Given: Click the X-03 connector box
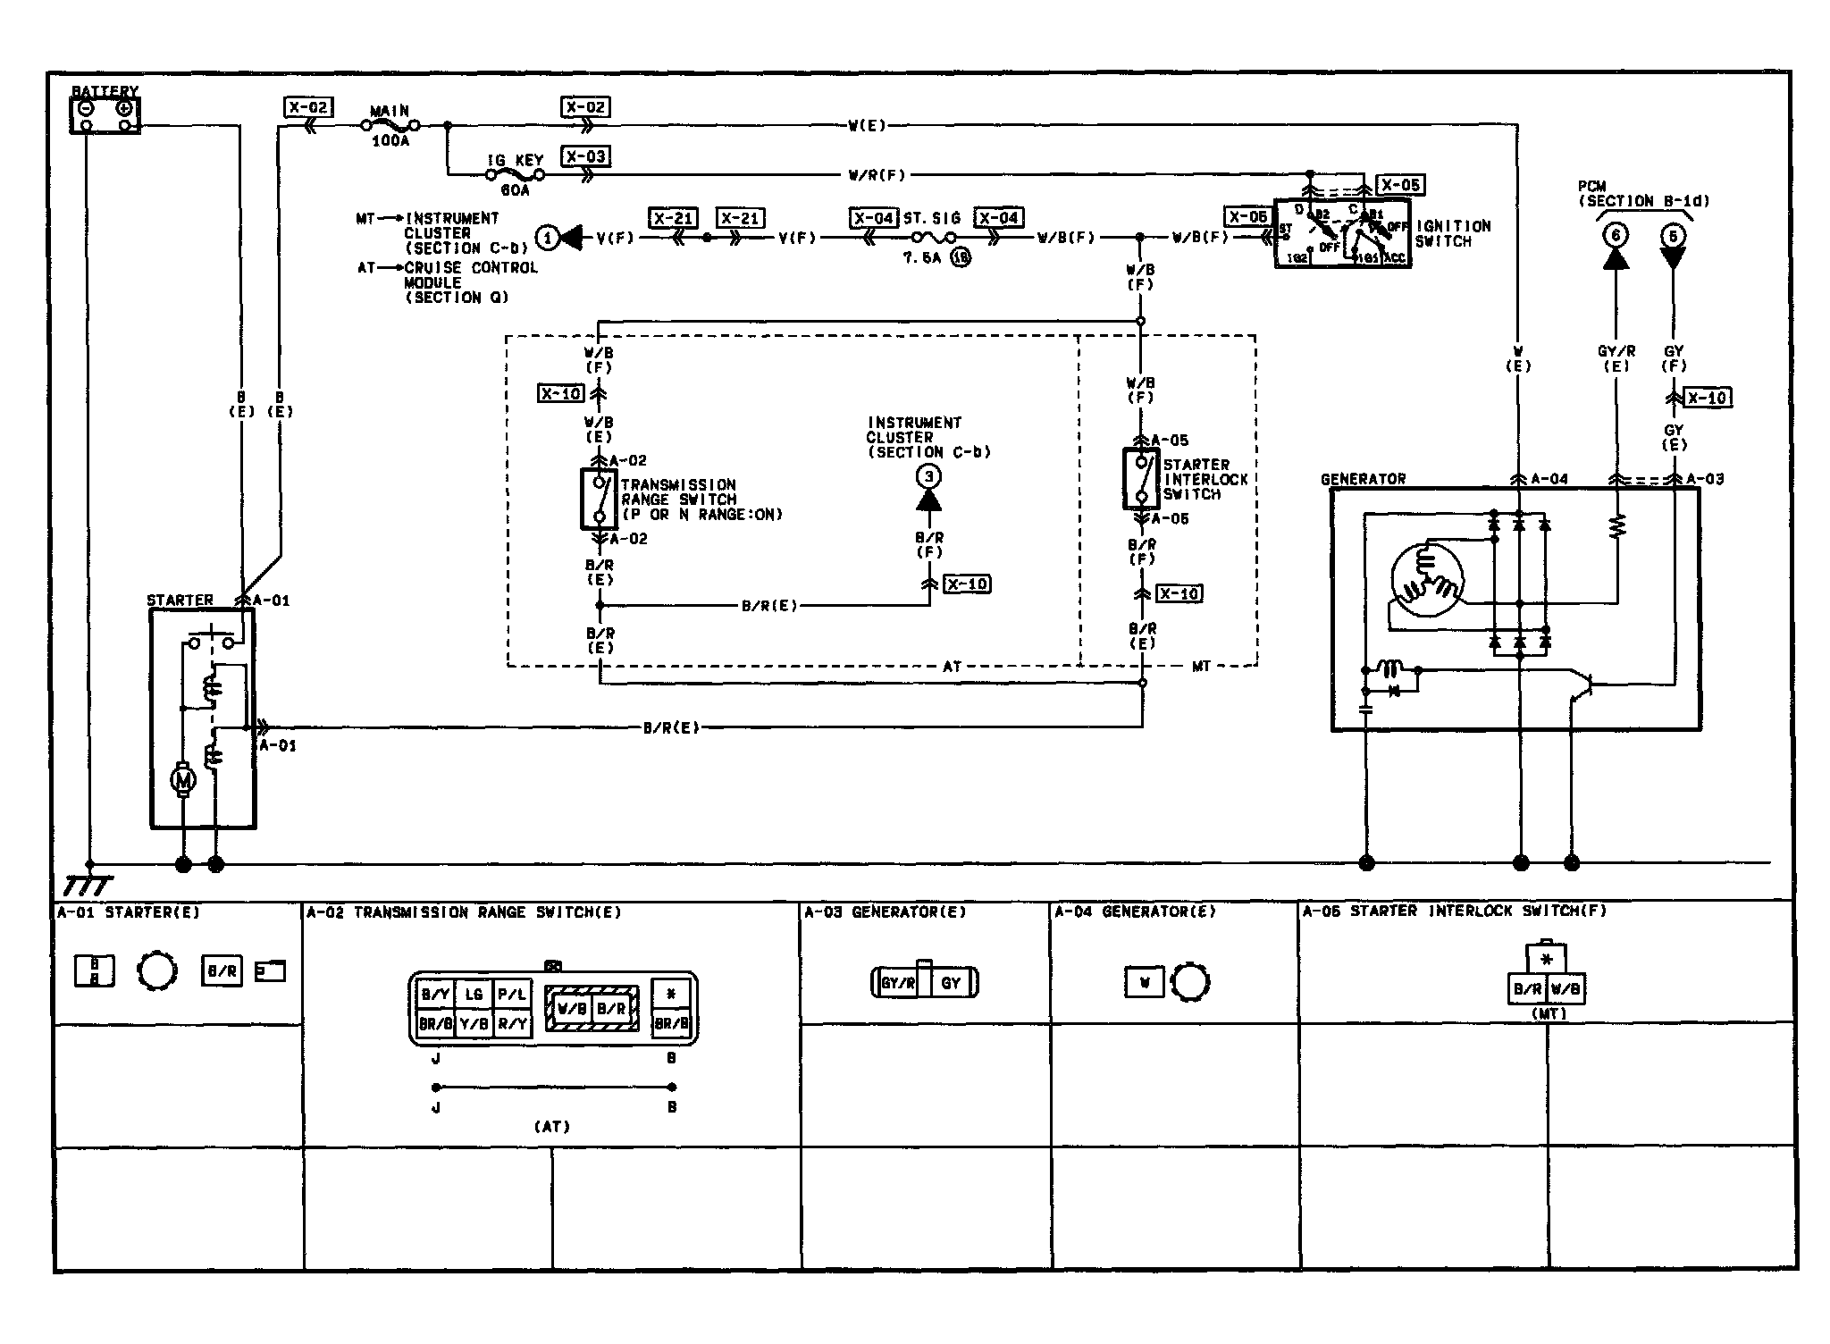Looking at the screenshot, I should pyautogui.click(x=585, y=157).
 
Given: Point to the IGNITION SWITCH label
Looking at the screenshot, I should pyautogui.click(x=1452, y=233).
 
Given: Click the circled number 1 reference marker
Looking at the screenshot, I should pyautogui.click(x=547, y=238).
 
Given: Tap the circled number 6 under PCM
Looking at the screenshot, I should pyautogui.click(x=1615, y=236).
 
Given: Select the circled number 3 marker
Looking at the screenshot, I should pyautogui.click(x=928, y=477).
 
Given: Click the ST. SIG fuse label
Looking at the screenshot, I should pyautogui.click(x=931, y=218).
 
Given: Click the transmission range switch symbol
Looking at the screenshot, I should pyautogui.click(x=599, y=499).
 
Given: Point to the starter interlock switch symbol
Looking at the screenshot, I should pyautogui.click(x=1140, y=479).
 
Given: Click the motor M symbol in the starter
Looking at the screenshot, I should pyautogui.click(x=183, y=781).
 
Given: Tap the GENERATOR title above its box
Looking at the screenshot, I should pyautogui.click(x=1363, y=480).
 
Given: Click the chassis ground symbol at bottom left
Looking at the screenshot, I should pyautogui.click(x=88, y=885).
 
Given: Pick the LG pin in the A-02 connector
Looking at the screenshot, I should pyautogui.click(x=474, y=994).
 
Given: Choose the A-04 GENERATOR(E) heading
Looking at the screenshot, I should pyautogui.click(x=1135, y=912).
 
